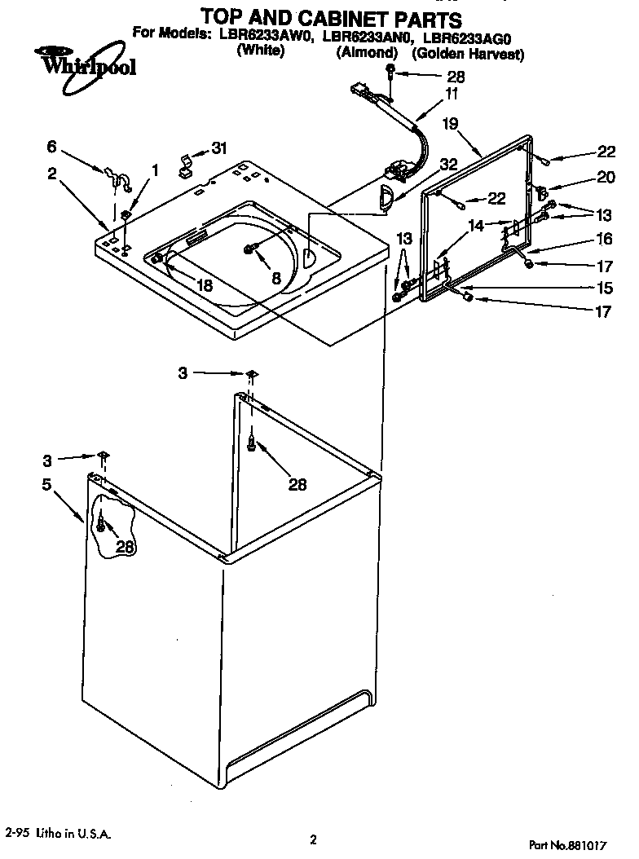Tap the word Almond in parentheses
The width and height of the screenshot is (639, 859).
pos(367,52)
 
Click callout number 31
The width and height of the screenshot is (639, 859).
pos(219,148)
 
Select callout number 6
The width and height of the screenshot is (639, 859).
pos(52,147)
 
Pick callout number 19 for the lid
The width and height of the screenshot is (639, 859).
pos(450,125)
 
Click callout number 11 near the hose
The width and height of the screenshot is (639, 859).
pos(451,94)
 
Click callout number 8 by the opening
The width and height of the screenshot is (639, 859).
pos(276,278)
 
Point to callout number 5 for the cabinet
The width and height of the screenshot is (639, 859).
pos(47,486)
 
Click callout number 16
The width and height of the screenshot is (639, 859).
pos(604,239)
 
